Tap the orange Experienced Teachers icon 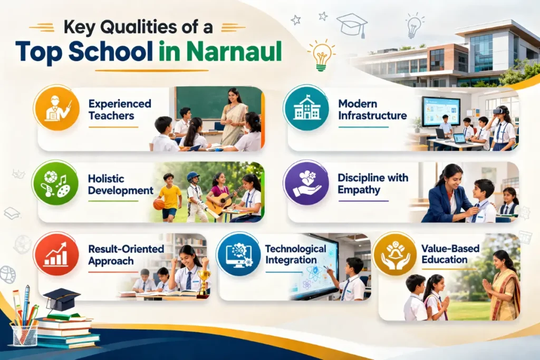(x=56, y=109)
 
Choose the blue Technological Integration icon (x=238, y=255)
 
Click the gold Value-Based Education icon (x=394, y=255)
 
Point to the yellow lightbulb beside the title (x=322, y=55)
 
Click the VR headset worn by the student (x=498, y=111)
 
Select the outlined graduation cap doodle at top (x=352, y=24)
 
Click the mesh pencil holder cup (x=25, y=335)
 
